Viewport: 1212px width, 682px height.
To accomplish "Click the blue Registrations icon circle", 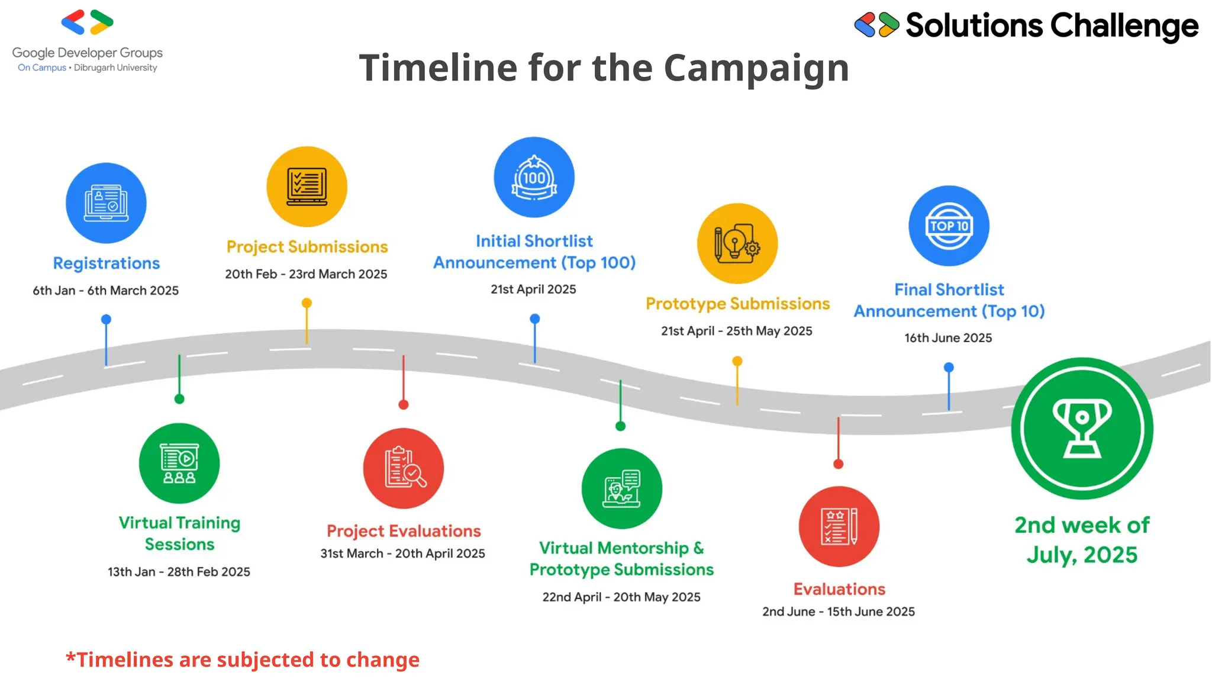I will [x=106, y=203].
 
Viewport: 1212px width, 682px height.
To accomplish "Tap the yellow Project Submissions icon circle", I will [x=307, y=186].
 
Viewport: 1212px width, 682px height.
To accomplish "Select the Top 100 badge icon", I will [x=534, y=178].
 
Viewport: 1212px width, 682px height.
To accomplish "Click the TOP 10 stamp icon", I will [x=949, y=226].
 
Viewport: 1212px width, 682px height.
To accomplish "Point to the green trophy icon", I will [x=1082, y=428].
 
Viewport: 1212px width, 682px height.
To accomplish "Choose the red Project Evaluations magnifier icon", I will [x=404, y=468].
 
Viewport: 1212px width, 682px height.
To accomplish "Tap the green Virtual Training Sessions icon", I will [x=179, y=463].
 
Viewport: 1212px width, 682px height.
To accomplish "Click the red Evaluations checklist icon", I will [x=839, y=526].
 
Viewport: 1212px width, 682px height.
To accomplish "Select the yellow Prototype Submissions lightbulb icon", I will [x=737, y=243].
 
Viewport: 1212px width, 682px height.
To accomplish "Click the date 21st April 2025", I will [x=533, y=289].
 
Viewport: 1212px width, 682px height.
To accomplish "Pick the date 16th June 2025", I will [x=948, y=338].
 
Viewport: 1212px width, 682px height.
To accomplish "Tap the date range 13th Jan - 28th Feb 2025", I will [x=179, y=572].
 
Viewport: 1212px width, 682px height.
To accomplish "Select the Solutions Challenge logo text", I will [x=1052, y=26].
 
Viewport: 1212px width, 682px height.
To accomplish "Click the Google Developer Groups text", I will [x=88, y=53].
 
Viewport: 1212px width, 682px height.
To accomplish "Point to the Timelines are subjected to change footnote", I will [x=243, y=660].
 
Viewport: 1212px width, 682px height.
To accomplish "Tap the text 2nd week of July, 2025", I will [x=1082, y=539].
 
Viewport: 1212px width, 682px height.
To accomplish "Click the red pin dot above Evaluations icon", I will [x=838, y=464].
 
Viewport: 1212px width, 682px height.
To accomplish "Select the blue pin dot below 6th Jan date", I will [x=106, y=320].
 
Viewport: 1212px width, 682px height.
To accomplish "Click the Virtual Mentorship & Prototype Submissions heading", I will [x=621, y=558].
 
